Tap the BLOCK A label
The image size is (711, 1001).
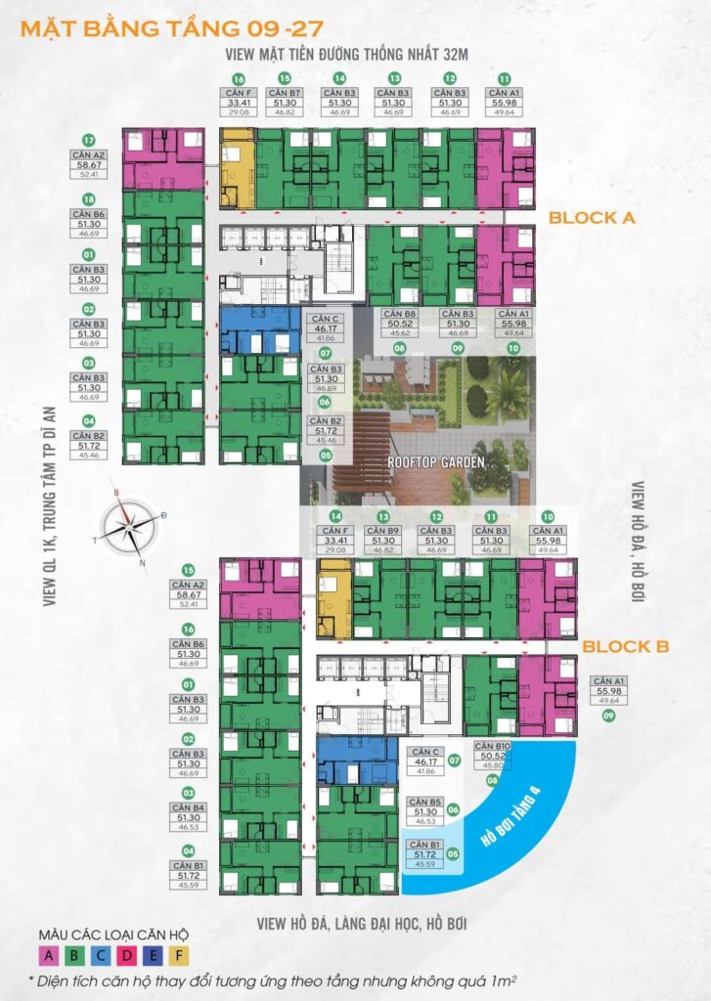[592, 218]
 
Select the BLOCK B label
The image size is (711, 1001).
[626, 646]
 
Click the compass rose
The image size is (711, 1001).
[129, 528]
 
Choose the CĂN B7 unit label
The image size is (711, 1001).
[286, 93]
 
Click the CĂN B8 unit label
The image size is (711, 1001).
[399, 314]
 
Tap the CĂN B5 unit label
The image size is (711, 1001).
[424, 801]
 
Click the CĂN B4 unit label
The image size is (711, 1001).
[187, 807]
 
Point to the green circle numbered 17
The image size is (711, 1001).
[88, 139]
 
